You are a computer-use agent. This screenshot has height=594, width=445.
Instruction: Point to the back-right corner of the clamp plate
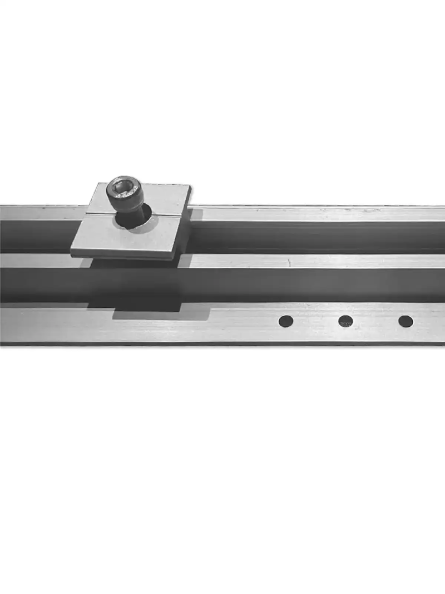coord(190,186)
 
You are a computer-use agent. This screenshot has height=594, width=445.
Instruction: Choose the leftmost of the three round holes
coord(286,321)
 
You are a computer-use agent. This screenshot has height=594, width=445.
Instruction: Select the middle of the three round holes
coord(345,321)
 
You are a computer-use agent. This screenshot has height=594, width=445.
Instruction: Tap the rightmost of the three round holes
coord(406,321)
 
